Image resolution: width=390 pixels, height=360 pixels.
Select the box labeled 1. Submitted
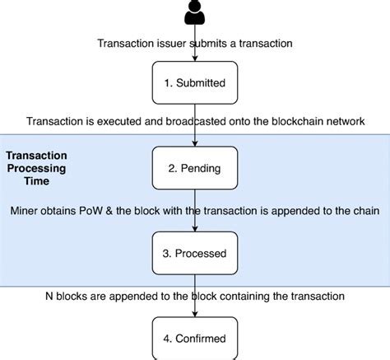coord(195,82)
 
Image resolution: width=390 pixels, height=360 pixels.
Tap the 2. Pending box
coord(195,168)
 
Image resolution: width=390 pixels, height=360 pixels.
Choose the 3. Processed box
coord(195,253)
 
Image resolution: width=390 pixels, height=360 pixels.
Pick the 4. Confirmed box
coord(195,338)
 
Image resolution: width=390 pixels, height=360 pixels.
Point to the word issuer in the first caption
coord(178,44)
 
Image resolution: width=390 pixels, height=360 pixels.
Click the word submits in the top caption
coord(217,44)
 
